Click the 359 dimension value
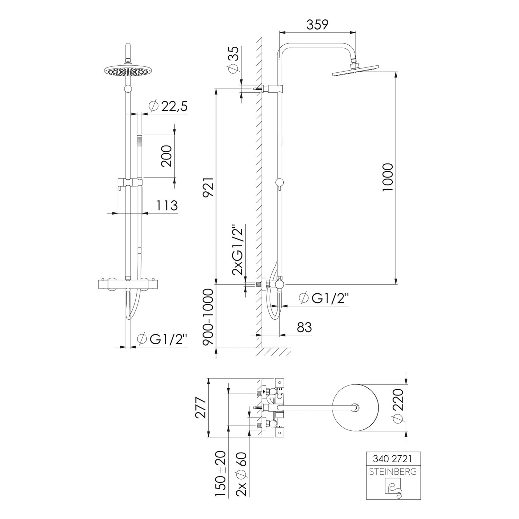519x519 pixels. click(317, 25)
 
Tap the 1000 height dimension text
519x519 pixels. click(388, 177)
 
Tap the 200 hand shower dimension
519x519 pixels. click(166, 156)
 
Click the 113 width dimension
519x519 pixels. click(167, 206)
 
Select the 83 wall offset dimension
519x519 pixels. click(304, 327)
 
